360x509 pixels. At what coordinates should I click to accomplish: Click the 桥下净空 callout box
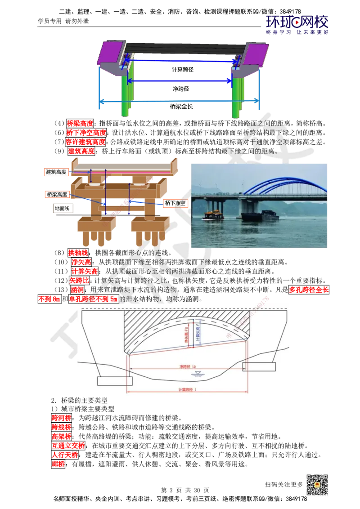click(175, 203)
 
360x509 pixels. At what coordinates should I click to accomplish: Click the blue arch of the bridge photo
click(283, 184)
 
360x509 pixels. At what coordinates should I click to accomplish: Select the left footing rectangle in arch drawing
click(115, 381)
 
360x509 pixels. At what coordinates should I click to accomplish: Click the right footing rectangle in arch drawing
click(259, 366)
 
